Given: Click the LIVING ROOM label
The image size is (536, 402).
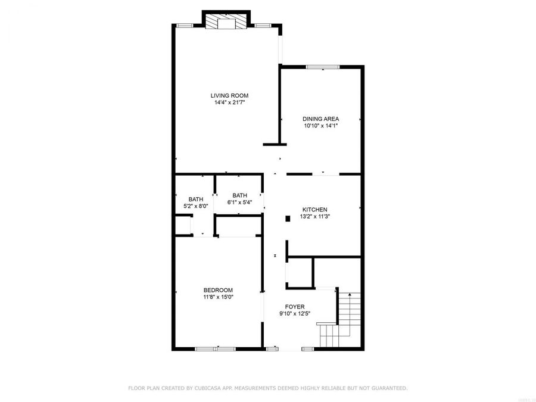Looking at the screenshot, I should [229, 95].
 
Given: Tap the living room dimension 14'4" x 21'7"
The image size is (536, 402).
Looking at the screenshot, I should [229, 102].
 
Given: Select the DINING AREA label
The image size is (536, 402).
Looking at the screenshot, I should [321, 119].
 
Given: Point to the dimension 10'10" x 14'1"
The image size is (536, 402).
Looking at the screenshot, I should [321, 126].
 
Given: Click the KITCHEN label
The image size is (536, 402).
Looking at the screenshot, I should [314, 210].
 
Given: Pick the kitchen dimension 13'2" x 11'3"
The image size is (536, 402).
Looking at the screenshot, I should [314, 217].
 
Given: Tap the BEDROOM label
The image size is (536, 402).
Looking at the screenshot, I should [218, 290].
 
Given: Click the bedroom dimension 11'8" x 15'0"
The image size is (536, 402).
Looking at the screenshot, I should [218, 297].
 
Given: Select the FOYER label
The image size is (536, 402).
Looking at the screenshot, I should [295, 307].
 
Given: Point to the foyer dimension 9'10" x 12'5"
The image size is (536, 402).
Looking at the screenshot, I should [295, 314].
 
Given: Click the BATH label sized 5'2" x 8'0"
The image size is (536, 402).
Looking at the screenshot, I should [196, 200].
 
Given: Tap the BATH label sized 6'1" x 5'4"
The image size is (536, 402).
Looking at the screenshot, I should [239, 195].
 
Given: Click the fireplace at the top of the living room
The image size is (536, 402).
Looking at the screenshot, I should [226, 23].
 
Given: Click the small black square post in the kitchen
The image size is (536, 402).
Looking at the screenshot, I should [287, 219].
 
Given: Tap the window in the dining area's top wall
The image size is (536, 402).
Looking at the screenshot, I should [322, 67].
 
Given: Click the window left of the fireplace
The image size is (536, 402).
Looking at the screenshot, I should [185, 25].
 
